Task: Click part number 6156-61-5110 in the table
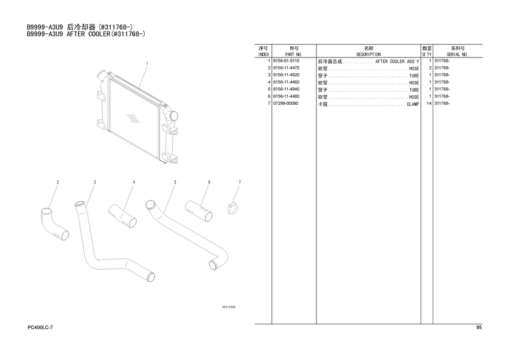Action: [286, 61]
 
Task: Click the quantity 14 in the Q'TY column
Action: [428, 104]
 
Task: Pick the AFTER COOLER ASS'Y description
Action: [397, 62]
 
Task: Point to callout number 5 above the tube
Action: [175, 182]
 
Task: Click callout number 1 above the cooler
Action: [147, 63]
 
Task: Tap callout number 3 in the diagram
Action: [95, 182]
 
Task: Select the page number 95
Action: [479, 328]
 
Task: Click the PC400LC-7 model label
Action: [40, 328]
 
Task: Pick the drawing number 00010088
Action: [228, 307]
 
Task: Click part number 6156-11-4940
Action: [286, 90]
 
